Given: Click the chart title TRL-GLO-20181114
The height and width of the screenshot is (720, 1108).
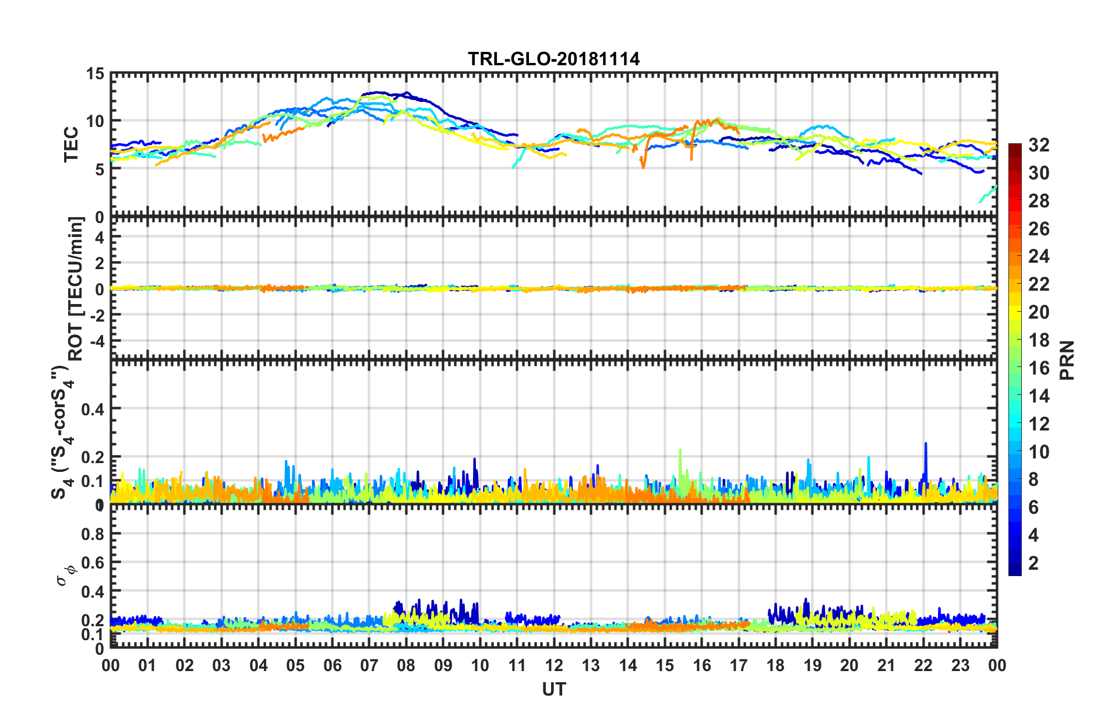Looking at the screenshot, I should click(553, 59).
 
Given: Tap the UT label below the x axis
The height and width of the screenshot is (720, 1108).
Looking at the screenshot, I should click(553, 690).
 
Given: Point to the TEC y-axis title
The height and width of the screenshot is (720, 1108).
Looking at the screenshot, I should click(71, 144).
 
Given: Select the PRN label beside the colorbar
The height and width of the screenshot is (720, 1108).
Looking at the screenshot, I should click(1067, 360).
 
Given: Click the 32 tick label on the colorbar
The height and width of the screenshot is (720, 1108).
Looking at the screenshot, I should click(1039, 145).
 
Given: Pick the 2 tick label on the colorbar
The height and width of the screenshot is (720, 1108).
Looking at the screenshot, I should click(1033, 563).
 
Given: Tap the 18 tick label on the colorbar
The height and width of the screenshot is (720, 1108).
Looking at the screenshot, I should click(1039, 340).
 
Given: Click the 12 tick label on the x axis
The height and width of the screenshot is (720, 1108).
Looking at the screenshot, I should click(554, 665).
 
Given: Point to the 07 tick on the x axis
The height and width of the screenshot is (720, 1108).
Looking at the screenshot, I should click(369, 665).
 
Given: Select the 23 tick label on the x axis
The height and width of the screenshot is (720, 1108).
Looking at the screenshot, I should click(960, 665).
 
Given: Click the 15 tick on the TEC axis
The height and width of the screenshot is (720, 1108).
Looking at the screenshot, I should click(95, 74).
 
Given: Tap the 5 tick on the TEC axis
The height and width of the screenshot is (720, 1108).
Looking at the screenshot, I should click(99, 169).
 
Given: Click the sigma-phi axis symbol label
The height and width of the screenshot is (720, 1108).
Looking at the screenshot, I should click(65, 573).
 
